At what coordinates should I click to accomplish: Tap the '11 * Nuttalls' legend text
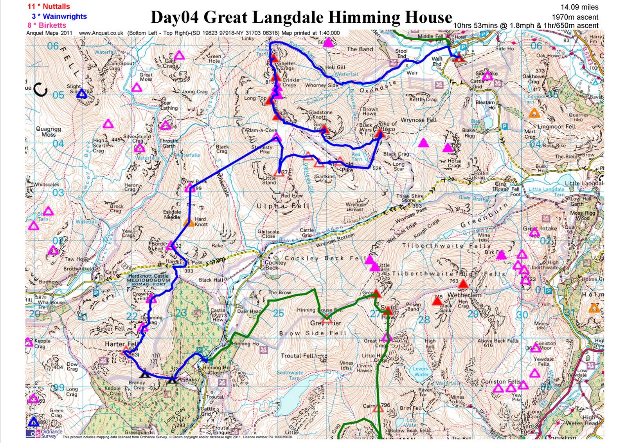[x=49, y=6]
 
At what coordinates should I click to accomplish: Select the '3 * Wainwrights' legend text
[x=59, y=16]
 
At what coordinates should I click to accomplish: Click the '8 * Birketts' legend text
[x=47, y=25]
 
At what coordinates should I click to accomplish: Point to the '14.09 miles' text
[x=579, y=7]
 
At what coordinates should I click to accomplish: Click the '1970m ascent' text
[x=575, y=17]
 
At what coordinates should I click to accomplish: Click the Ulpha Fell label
[x=283, y=206]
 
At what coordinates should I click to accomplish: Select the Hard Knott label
[x=201, y=222]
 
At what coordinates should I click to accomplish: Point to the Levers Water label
[x=421, y=371]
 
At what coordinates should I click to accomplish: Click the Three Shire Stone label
[x=410, y=198]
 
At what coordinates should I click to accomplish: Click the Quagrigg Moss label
[x=49, y=132]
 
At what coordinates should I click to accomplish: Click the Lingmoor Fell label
[x=556, y=127]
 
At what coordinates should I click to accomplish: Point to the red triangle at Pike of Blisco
[x=379, y=134]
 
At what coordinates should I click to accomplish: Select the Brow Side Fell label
[x=313, y=333]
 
